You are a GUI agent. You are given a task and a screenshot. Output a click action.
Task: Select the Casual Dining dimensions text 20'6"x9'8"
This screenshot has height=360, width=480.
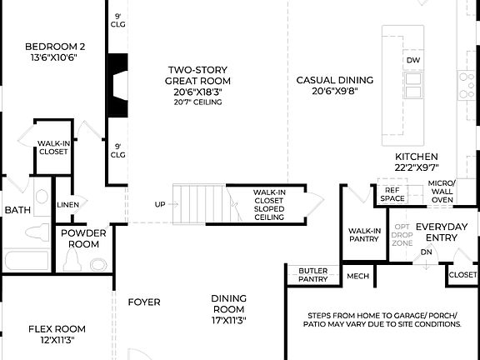pyautogui.click(x=335, y=92)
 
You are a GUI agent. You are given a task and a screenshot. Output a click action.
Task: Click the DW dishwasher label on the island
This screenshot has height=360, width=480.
pyautogui.click(x=413, y=60)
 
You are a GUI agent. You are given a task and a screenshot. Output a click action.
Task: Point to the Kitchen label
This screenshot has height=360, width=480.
pyautogui.click(x=416, y=157)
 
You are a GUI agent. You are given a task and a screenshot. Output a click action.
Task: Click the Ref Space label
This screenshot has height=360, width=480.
pyautogui.click(x=392, y=194)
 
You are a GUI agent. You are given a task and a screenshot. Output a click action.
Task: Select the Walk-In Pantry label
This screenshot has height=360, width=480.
pyautogui.click(x=364, y=235)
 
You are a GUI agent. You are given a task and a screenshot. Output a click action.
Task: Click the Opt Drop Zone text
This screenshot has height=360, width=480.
pyautogui.click(x=402, y=233)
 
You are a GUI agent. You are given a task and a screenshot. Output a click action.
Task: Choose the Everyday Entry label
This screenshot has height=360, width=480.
pyautogui.click(x=442, y=232)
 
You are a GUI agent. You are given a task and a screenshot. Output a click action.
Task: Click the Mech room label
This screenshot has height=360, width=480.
pyautogui.click(x=357, y=277)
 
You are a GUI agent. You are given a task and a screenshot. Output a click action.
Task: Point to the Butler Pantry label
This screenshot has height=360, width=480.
pyautogui.click(x=312, y=275)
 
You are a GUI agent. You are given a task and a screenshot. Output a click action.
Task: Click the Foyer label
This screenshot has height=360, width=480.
pyautogui.click(x=143, y=302)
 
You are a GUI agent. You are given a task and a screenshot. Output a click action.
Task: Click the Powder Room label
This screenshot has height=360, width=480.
pyautogui.click(x=83, y=238)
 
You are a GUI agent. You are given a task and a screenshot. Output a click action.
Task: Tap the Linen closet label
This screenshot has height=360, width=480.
pyautogui.click(x=68, y=204)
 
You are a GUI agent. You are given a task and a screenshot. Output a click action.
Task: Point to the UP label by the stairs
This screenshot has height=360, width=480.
pyautogui.click(x=160, y=204)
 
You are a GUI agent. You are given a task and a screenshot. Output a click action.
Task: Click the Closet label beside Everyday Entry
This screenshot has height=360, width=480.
pyautogui.click(x=462, y=274)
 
